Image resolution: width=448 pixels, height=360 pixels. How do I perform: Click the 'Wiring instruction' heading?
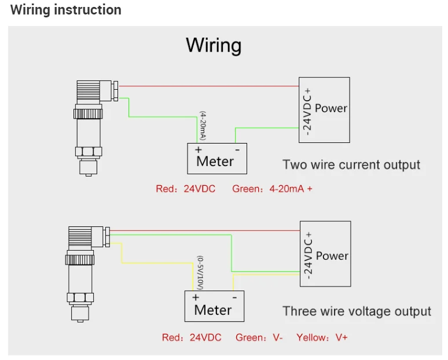pos(66,10)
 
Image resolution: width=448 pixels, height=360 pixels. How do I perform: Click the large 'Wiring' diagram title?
pos(214,45)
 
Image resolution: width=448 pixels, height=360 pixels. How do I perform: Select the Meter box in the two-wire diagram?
pos(217,158)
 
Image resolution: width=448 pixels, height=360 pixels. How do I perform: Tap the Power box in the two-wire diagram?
pos(324,109)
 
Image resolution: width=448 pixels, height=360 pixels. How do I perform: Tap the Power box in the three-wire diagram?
pos(325,254)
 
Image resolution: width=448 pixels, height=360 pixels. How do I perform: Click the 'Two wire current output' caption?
pos(351,164)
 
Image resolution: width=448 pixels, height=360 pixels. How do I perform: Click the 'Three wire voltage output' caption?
pos(357,311)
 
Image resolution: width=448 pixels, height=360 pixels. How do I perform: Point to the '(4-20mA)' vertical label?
pos(203,126)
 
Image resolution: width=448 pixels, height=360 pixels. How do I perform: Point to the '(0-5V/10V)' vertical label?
pos(200,272)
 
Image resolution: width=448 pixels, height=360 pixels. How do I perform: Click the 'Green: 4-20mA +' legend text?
pos(272,189)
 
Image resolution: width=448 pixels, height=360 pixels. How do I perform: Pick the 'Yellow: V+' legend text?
pos(322,337)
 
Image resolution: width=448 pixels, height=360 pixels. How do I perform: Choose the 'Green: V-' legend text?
pos(259,337)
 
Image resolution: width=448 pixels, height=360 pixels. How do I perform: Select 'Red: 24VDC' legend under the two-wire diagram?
pos(185,189)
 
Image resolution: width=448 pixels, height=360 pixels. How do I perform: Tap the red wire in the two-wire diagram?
pos(208,86)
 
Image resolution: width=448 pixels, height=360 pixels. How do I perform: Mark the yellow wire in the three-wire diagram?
pos(156,263)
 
